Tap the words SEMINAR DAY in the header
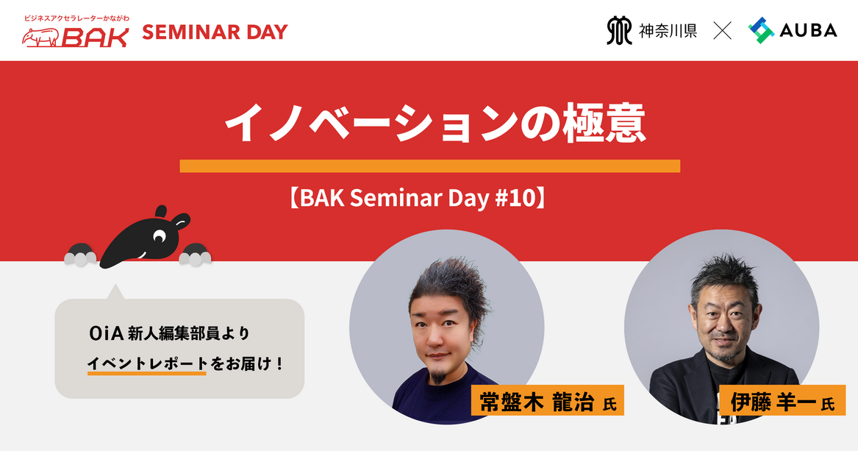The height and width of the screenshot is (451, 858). tap(215, 32)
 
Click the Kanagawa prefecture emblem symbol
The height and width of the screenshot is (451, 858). tap(619, 30)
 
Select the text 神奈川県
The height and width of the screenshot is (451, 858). tap(668, 31)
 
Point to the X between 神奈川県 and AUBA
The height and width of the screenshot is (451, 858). tap(722, 31)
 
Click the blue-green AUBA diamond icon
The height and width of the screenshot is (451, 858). tap(761, 30)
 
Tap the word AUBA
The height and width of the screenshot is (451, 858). tap(808, 30)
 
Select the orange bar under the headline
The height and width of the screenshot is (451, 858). tap(429, 166)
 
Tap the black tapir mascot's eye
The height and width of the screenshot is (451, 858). tap(160, 236)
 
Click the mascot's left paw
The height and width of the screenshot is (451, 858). tap(80, 255)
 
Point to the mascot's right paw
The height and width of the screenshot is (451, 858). tap(196, 255)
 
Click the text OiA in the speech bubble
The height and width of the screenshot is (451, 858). tap(106, 333)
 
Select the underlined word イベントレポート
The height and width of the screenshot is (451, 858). tap(147, 363)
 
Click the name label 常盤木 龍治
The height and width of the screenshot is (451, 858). tap(548, 401)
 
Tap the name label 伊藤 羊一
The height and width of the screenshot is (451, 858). tap(782, 401)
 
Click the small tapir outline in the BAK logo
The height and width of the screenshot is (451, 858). tap(40, 38)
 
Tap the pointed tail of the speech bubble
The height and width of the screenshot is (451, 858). tap(115, 292)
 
